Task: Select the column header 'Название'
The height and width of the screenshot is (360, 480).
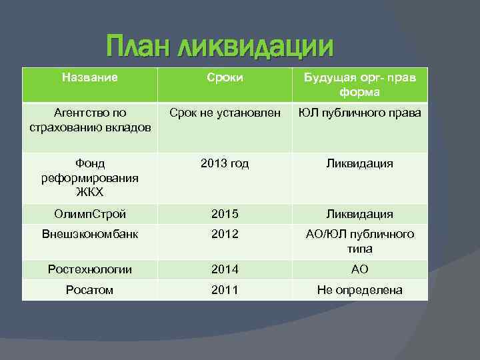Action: [x=89, y=77]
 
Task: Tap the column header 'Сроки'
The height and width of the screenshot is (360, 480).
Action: [x=225, y=78]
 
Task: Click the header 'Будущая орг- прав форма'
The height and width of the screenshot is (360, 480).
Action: [x=359, y=85]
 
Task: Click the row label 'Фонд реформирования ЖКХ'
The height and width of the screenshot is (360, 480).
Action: [x=89, y=177]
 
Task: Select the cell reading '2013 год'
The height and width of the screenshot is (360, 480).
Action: [x=225, y=163]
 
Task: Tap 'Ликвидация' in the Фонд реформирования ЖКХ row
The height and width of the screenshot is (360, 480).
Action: [x=359, y=163]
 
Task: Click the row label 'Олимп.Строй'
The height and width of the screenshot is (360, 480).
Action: [x=89, y=214]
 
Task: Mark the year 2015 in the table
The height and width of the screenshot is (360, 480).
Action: [x=225, y=214]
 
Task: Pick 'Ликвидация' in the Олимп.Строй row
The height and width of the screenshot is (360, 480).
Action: [x=359, y=214]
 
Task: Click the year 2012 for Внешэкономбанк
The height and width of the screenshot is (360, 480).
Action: [x=225, y=234]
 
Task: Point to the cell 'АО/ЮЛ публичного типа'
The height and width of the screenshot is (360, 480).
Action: [x=359, y=241]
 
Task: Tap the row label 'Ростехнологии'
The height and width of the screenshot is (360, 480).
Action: [x=89, y=269]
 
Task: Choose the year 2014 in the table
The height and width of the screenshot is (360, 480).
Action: [x=225, y=269]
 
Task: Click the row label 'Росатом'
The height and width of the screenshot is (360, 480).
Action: [x=89, y=290]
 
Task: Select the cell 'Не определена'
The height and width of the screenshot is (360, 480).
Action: [x=359, y=290]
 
